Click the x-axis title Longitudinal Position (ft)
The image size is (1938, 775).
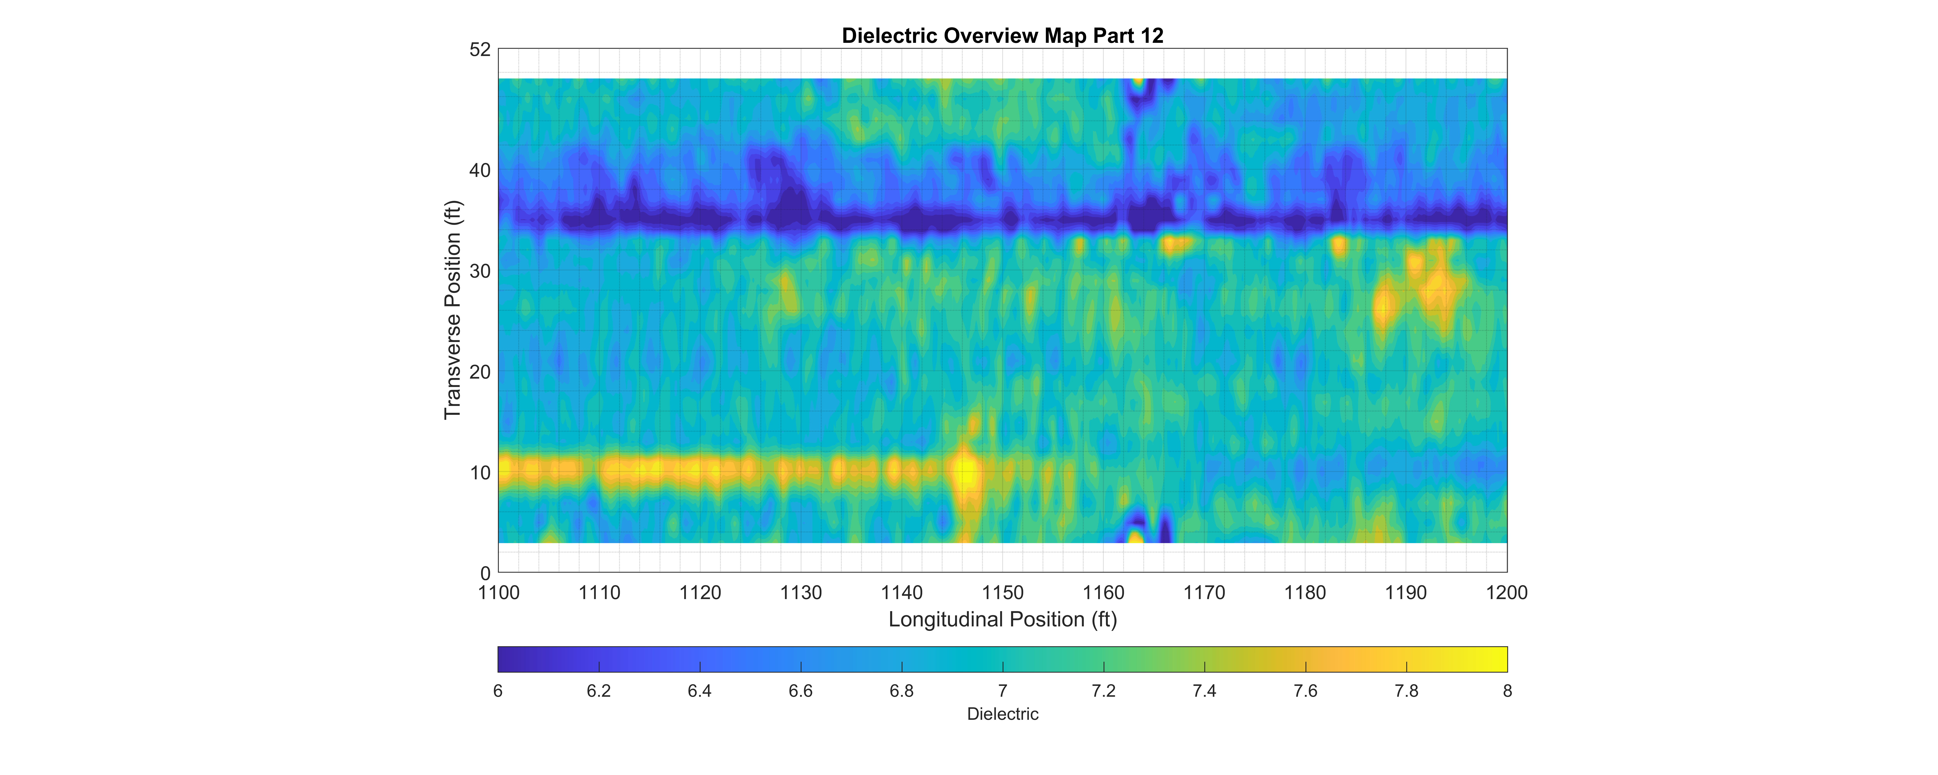click(1002, 619)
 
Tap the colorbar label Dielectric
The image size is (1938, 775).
click(1002, 714)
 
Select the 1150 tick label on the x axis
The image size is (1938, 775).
click(1002, 593)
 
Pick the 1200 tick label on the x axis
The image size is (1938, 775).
click(1506, 593)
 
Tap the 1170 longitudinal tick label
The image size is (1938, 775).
click(1204, 593)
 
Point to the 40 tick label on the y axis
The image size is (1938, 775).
click(480, 171)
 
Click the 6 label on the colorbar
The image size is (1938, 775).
click(498, 691)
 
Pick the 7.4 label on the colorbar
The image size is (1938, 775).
click(1204, 691)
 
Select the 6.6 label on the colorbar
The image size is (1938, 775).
click(800, 691)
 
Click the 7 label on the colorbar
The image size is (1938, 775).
click(1002, 691)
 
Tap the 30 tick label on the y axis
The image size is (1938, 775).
click(480, 272)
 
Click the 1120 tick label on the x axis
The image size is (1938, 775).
click(700, 593)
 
